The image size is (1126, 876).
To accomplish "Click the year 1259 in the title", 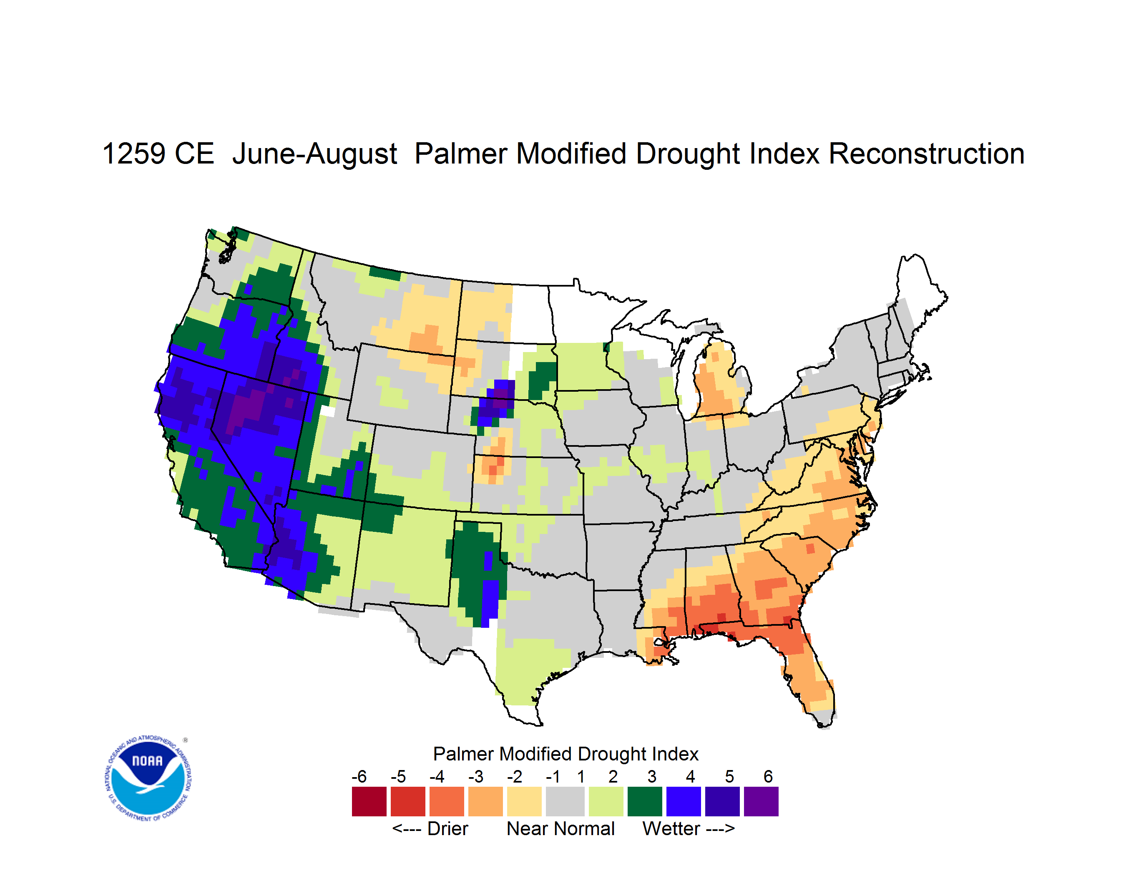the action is tap(133, 154).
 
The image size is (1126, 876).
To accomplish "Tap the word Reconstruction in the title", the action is tap(927, 154).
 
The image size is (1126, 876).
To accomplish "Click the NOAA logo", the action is tap(148, 778).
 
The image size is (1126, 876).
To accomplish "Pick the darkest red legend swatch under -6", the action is tap(369, 801).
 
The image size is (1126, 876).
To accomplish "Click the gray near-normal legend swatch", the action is tap(565, 801).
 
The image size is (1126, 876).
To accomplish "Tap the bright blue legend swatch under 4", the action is tap(684, 801).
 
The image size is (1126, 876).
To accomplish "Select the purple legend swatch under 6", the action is tap(761, 801).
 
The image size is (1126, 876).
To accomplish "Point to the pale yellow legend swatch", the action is tap(524, 801).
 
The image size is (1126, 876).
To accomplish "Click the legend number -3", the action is tap(476, 776).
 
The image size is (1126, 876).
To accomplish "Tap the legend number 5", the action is tap(729, 776).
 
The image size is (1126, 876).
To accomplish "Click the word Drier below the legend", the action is tap(447, 828).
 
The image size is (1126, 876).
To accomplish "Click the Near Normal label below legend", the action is tap(560, 828).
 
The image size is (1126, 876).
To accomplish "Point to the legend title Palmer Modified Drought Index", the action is tap(566, 754).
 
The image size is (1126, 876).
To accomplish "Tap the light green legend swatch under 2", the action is tap(606, 801).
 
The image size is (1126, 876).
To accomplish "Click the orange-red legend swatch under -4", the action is tap(447, 801).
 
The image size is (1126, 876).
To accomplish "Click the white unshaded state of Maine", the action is tap(918, 294).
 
